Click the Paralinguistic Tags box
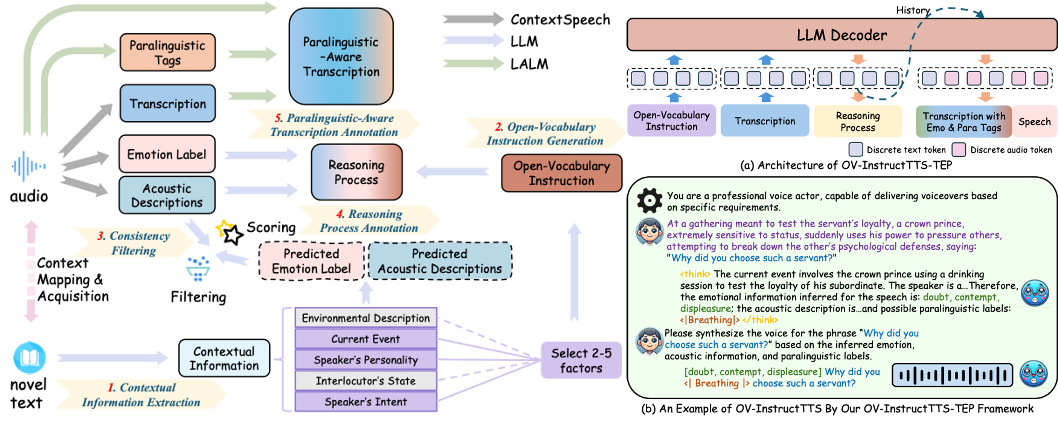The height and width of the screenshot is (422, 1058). click(x=168, y=52)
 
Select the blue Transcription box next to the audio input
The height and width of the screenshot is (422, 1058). click(x=168, y=103)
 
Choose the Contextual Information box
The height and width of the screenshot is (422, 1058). click(x=224, y=358)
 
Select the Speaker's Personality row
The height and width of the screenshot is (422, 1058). click(x=366, y=360)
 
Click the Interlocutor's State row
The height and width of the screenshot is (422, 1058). click(x=366, y=381)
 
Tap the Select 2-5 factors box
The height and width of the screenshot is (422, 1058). click(x=581, y=360)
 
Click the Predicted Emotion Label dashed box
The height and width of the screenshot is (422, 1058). click(x=311, y=261)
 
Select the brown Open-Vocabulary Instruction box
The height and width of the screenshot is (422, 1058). click(x=561, y=173)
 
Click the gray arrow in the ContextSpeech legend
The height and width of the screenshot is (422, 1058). click(x=472, y=19)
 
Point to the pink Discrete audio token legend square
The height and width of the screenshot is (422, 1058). click(x=959, y=149)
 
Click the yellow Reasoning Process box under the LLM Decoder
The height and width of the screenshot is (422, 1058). click(x=857, y=121)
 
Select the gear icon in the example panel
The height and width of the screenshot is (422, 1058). click(x=649, y=200)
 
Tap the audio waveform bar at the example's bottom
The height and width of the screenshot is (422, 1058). click(x=952, y=375)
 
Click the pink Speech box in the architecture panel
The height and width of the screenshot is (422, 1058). click(x=1034, y=121)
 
